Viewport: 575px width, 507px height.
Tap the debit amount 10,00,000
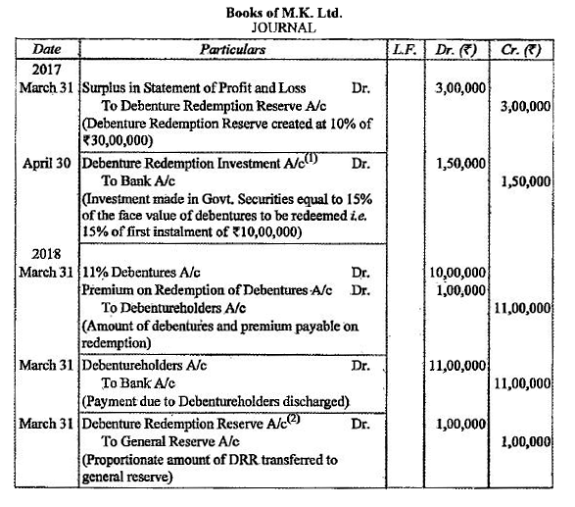tap(456, 272)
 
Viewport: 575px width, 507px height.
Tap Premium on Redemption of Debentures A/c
tap(207, 289)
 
